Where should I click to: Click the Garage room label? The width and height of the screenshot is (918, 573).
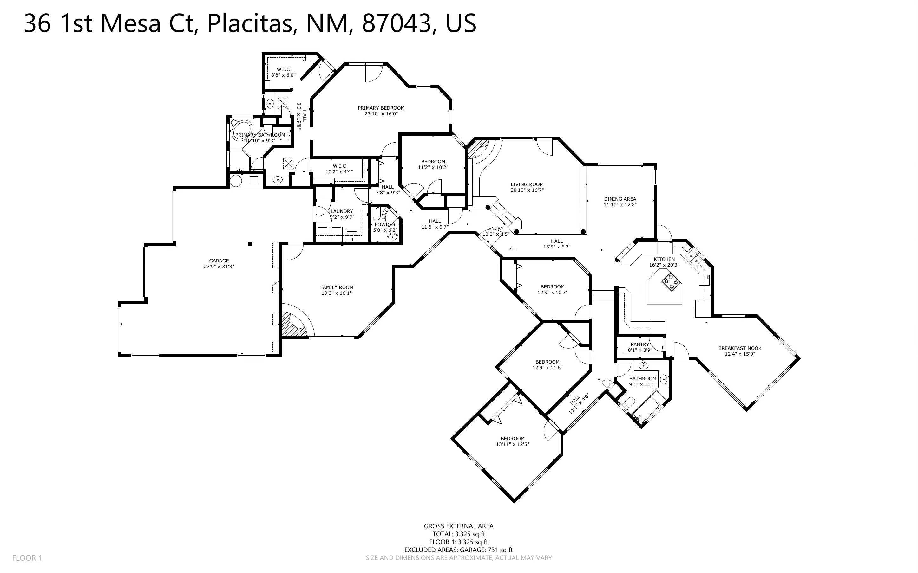pos(219,261)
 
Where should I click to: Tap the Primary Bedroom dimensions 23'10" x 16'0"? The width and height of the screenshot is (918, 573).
pos(381,114)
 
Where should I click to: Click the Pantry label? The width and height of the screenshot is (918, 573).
pos(640,344)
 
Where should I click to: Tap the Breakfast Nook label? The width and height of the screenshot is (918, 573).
pos(739,348)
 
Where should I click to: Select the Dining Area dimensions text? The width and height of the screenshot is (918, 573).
pos(620,205)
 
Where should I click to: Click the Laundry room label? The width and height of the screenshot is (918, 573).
pos(342,211)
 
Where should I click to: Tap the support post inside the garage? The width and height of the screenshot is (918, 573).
pos(250,244)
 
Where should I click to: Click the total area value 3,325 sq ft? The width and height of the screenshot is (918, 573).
pos(470,534)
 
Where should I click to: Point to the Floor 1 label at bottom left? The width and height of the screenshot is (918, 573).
pos(27,558)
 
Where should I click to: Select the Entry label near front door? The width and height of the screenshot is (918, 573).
pos(495,229)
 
